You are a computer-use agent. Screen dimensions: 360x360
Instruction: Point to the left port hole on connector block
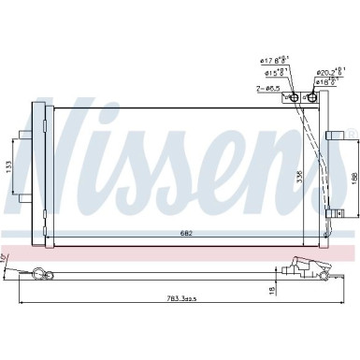tap(293, 97)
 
